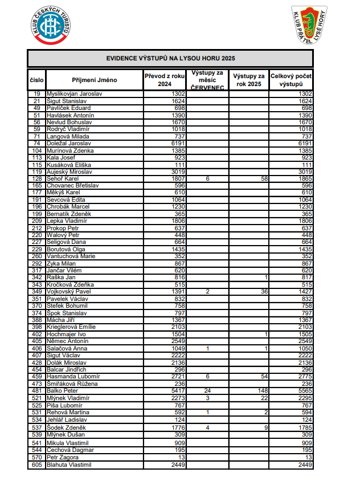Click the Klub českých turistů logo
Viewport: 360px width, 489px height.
pyautogui.click(x=50, y=26)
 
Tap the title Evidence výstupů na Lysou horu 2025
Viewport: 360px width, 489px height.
pyautogui.click(x=170, y=58)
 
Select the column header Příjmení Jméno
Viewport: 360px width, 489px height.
pyautogui.click(x=95, y=80)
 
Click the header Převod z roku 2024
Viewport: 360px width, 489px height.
pyautogui.click(x=165, y=80)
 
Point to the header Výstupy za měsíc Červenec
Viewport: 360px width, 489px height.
pyautogui.click(x=207, y=80)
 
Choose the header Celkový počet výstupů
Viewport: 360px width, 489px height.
pyautogui.click(x=291, y=80)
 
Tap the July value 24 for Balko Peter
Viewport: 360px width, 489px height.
pyautogui.click(x=207, y=391)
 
